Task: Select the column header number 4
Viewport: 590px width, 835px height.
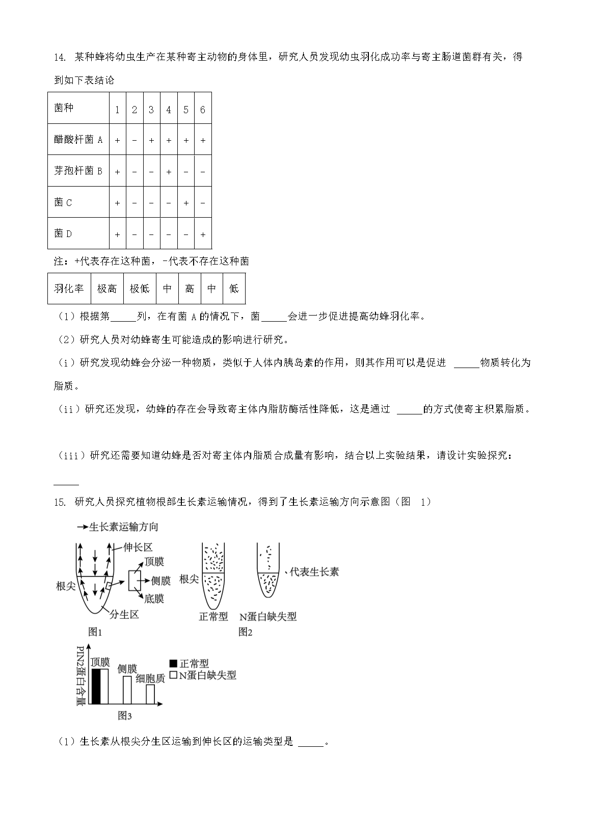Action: pos(169,110)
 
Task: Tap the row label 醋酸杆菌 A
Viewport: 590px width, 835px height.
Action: pos(78,139)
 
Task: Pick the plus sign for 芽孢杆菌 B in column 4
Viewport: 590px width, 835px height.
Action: pos(169,172)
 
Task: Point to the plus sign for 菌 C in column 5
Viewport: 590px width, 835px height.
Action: pos(186,203)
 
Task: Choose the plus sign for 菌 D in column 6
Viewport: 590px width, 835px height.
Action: pos(203,234)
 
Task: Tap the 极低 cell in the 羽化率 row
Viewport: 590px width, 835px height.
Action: pos(140,289)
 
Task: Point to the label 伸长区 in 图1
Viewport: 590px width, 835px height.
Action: pos(138,547)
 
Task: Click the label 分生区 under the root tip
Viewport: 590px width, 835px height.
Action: pos(124,614)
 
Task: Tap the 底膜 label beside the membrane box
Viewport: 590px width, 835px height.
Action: pos(154,598)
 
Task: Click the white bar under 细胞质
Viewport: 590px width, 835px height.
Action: pos(150,694)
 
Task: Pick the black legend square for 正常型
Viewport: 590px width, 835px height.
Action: pos(173,664)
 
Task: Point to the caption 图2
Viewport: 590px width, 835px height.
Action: pos(246,632)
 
